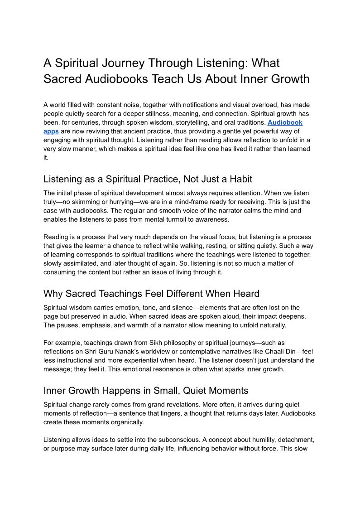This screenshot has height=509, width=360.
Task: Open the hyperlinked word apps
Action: pos(51,131)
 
